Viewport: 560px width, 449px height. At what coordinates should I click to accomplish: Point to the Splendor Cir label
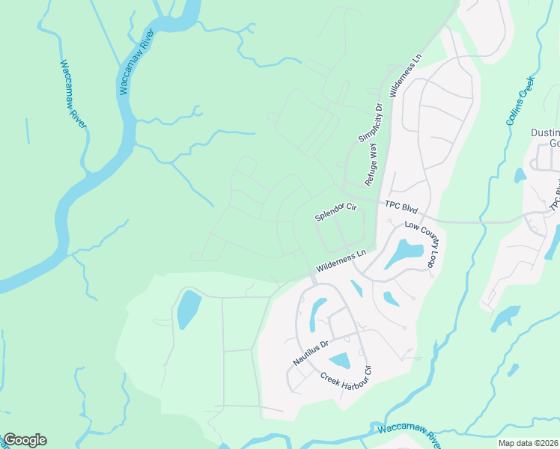point(335,210)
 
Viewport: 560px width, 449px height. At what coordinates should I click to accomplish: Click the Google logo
point(25,440)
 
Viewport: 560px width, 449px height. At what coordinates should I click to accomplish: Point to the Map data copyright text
point(529,443)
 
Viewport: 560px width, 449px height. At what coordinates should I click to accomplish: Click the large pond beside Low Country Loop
point(403,253)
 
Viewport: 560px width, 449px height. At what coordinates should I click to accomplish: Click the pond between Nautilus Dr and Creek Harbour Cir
point(339,361)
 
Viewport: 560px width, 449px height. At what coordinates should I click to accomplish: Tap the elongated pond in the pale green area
point(189,309)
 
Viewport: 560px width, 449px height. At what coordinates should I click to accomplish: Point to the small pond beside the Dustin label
point(520,176)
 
